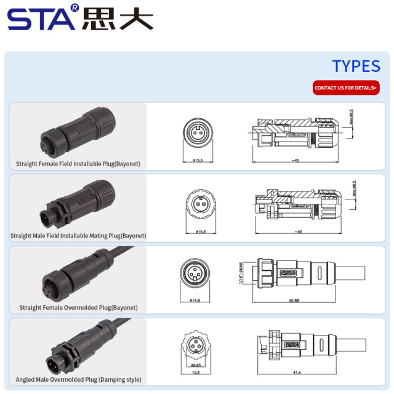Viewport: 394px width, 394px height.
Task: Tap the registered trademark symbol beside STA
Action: [75, 8]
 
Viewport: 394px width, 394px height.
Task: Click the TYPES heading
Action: [356, 66]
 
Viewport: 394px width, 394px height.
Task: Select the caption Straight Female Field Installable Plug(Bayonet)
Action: [78, 164]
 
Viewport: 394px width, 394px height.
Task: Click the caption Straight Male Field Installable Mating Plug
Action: [78, 235]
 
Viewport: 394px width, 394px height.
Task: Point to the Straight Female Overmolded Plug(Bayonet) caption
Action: [78, 307]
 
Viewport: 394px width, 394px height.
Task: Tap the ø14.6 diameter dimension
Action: [196, 300]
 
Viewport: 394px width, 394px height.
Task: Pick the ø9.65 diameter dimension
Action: [196, 364]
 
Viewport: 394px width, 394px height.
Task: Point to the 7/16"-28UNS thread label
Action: [241, 273]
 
